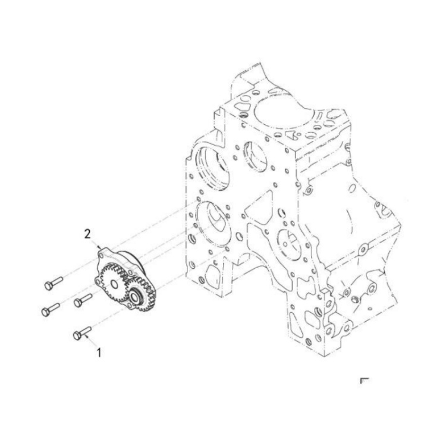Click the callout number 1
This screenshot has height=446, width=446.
[x=99, y=352]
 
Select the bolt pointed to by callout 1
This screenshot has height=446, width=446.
[x=81, y=334]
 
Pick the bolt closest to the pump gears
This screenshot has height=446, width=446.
[x=83, y=301]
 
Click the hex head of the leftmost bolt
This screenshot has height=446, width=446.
[x=45, y=312]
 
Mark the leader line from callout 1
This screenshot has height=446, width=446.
[x=92, y=341]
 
